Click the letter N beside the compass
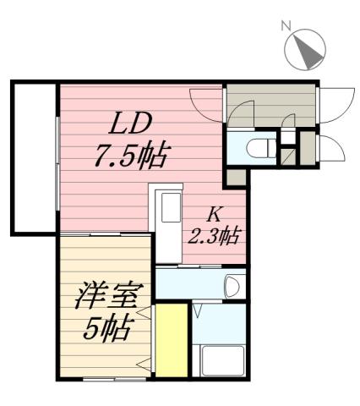coord(286,26)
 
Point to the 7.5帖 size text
coord(130,157)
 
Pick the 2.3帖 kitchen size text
coord(212,236)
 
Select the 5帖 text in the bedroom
coord(108,329)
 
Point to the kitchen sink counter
coord(166,216)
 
